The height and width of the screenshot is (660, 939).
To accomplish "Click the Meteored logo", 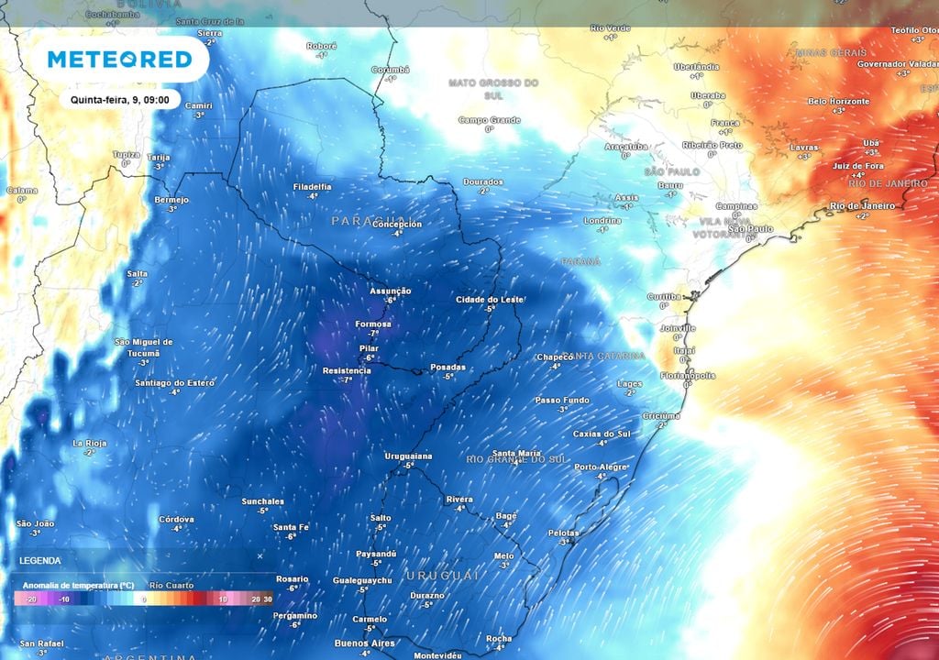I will pyautogui.click(x=119, y=60).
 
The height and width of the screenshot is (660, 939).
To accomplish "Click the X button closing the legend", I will pyautogui.click(x=260, y=556).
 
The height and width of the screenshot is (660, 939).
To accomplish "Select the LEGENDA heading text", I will pyautogui.click(x=40, y=560).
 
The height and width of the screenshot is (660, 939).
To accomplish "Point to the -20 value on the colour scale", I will pyautogui.click(x=29, y=599).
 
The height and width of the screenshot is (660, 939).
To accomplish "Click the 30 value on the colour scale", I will pyautogui.click(x=267, y=599).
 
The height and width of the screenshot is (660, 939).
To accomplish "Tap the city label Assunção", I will pyautogui.click(x=390, y=291).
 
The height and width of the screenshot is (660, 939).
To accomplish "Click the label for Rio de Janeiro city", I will pyautogui.click(x=862, y=206).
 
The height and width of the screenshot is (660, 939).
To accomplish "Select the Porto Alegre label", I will pyautogui.click(x=602, y=467).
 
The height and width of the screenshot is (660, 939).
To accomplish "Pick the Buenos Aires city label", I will pyautogui.click(x=365, y=643).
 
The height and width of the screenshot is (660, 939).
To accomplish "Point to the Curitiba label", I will pyautogui.click(x=664, y=296).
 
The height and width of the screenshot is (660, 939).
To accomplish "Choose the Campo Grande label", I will pyautogui.click(x=489, y=120).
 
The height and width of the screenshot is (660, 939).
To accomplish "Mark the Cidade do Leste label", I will pyautogui.click(x=489, y=300).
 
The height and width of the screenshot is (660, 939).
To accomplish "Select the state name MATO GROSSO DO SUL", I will pyautogui.click(x=493, y=89).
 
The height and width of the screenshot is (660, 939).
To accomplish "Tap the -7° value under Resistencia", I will pyautogui.click(x=347, y=379).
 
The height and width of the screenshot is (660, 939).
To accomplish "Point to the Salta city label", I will pyautogui.click(x=138, y=273).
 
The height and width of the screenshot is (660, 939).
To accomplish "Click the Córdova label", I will pyautogui.click(x=176, y=519).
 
